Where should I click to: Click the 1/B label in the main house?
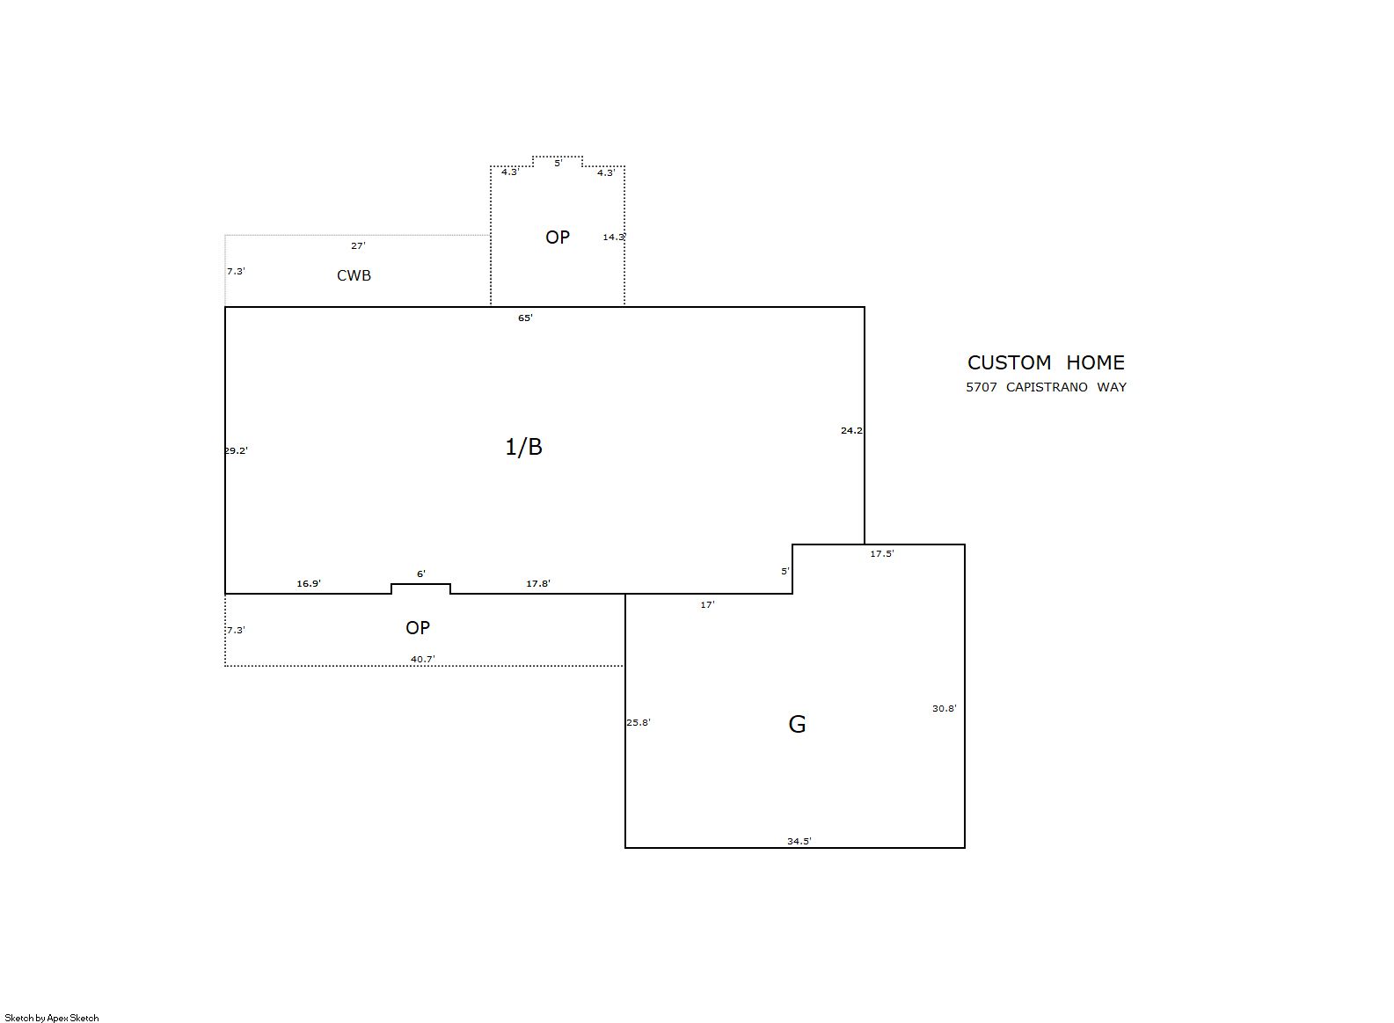pyautogui.click(x=523, y=447)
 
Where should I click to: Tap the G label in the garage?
pyautogui.click(x=797, y=724)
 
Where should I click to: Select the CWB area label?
pyautogui.click(x=354, y=275)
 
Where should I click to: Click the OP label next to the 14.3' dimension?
pyautogui.click(x=557, y=237)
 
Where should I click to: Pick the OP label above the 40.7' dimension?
pyautogui.click(x=418, y=628)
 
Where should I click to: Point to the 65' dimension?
pyautogui.click(x=525, y=318)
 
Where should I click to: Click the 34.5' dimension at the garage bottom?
pyautogui.click(x=799, y=841)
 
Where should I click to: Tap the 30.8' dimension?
pyautogui.click(x=944, y=708)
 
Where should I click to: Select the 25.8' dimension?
pyautogui.click(x=639, y=722)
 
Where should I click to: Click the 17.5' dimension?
pyautogui.click(x=882, y=553)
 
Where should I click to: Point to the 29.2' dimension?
pyautogui.click(x=237, y=450)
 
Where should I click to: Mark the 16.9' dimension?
pyautogui.click(x=309, y=584)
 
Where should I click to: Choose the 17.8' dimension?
pyautogui.click(x=538, y=584)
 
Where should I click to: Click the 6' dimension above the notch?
pyautogui.click(x=421, y=574)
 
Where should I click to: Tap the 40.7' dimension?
pyautogui.click(x=422, y=659)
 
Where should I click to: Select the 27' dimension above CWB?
pyautogui.click(x=359, y=245)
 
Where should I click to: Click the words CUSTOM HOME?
pyautogui.click(x=1046, y=362)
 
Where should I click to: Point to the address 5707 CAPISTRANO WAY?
pyautogui.click(x=1046, y=387)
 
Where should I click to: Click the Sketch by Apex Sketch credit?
pyautogui.click(x=52, y=1018)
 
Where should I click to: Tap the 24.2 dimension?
pyautogui.click(x=851, y=430)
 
